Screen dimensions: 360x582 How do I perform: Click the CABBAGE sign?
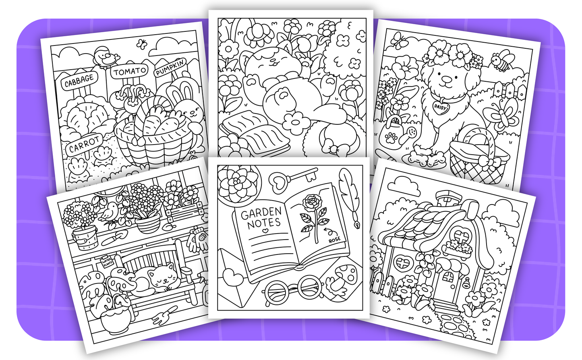coord(79,81)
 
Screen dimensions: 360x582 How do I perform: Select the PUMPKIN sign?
coord(170,67)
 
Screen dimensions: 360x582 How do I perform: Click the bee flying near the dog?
coord(501,61)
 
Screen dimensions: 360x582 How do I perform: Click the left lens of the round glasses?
coord(277,290)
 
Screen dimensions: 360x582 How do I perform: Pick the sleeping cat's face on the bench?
coord(162,277)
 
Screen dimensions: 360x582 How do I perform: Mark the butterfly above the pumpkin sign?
coord(141,43)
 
